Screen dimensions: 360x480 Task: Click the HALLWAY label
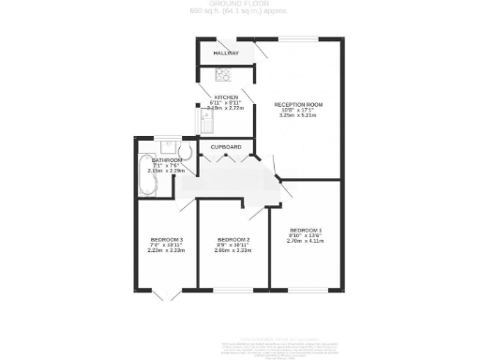click(x=226, y=53)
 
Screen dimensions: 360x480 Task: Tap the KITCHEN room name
click(x=227, y=97)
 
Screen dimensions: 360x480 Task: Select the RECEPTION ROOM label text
click(x=298, y=104)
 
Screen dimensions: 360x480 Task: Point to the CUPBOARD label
click(x=226, y=147)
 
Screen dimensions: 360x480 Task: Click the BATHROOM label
click(x=166, y=160)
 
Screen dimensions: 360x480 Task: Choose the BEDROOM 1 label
click(x=305, y=231)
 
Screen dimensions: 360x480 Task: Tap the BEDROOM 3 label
click(x=165, y=240)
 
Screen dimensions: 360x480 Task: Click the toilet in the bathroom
click(x=185, y=151)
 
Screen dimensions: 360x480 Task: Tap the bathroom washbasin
click(x=165, y=146)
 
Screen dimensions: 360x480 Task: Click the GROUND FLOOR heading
click(x=239, y=5)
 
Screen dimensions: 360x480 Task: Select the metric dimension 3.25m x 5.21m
click(x=298, y=116)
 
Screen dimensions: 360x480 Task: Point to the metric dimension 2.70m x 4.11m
click(x=305, y=242)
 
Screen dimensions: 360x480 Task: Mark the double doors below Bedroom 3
click(x=166, y=295)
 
